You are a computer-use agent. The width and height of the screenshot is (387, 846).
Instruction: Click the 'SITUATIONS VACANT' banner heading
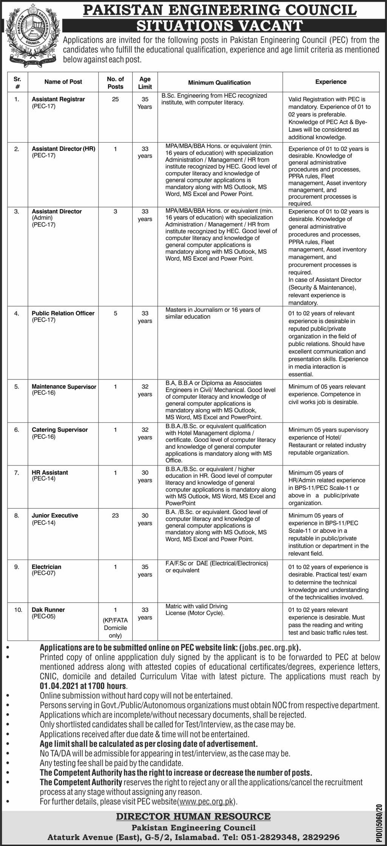pos(220,25)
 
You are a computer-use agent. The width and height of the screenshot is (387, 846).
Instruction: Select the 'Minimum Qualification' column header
pos(220,82)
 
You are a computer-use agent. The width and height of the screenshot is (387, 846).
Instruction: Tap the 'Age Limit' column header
pos(145,82)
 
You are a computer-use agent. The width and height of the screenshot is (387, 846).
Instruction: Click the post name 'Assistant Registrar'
pos(58,99)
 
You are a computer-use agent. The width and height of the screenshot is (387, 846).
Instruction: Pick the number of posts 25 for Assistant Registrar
pos(115,99)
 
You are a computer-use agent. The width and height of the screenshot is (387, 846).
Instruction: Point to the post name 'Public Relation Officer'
pos(63,313)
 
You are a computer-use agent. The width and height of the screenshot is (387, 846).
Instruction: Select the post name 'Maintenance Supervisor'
pos(64,387)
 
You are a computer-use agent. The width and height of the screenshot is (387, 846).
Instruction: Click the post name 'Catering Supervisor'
pos(60,430)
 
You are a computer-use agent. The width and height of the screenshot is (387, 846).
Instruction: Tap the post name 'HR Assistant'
pos(50,472)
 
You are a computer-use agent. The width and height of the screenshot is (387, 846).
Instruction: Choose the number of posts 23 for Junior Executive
pos(115,515)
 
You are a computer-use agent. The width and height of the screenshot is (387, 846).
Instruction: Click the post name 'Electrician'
pos(46,567)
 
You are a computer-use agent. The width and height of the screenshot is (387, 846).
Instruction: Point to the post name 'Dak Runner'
pos(48,610)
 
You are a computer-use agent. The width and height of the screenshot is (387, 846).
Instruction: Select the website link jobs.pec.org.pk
pos(268,647)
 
